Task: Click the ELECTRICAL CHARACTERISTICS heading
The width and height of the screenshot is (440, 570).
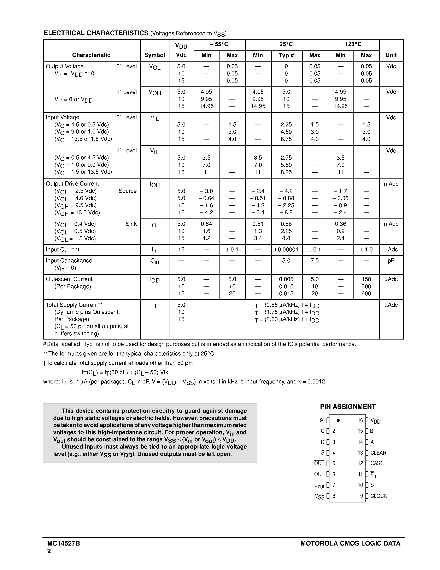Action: pyautogui.click(x=96, y=33)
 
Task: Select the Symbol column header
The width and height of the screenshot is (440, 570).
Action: pyautogui.click(x=155, y=55)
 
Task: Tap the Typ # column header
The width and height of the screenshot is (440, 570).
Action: pyautogui.click(x=286, y=55)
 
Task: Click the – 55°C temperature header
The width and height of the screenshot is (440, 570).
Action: pyautogui.click(x=219, y=44)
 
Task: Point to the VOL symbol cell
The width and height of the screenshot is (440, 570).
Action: pyautogui.click(x=155, y=67)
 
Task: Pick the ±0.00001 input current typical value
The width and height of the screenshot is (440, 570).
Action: pyautogui.click(x=286, y=250)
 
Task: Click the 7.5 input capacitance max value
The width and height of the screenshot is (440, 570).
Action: pyautogui.click(x=314, y=261)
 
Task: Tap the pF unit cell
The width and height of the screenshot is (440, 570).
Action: pyautogui.click(x=391, y=261)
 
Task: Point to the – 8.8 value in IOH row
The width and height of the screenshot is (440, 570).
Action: pyautogui.click(x=286, y=212)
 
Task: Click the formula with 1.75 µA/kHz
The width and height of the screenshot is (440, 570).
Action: pyautogui.click(x=286, y=312)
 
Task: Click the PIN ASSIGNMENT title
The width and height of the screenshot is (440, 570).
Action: pyautogui.click(x=348, y=407)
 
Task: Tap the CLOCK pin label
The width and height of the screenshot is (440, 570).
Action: pyautogui.click(x=379, y=496)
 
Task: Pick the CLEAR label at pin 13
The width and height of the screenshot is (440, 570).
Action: pyautogui.click(x=378, y=453)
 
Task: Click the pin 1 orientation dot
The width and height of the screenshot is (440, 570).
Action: pyautogui.click(x=338, y=420)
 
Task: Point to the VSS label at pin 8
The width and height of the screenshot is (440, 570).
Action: pyautogui.click(x=319, y=496)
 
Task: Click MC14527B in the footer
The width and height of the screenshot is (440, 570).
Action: pyautogui.click(x=64, y=544)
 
